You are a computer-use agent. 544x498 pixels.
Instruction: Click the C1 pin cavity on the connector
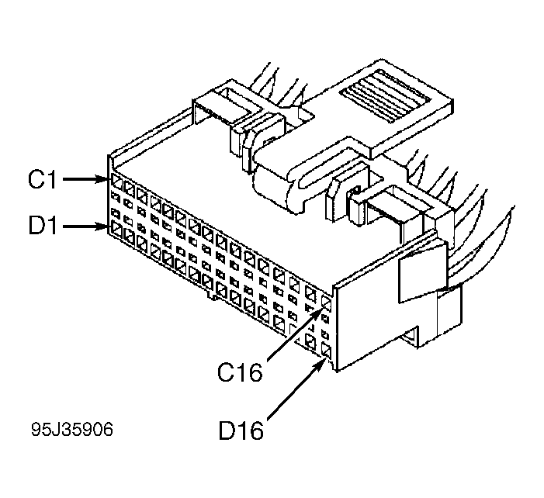point(116,184)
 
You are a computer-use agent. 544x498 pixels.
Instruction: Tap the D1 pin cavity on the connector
point(117,230)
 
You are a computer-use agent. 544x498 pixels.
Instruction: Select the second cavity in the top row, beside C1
point(129,188)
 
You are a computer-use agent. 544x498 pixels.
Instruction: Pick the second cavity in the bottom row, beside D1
point(130,235)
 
